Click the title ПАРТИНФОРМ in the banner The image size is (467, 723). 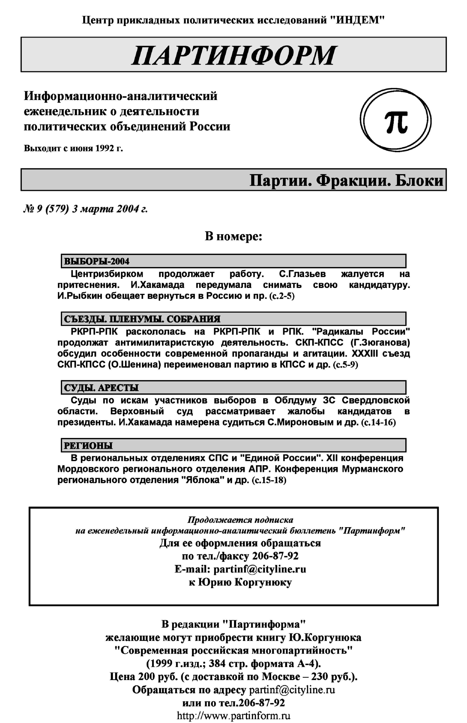tap(233, 56)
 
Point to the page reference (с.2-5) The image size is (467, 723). tap(282, 296)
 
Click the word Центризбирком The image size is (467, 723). tap(107, 274)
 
